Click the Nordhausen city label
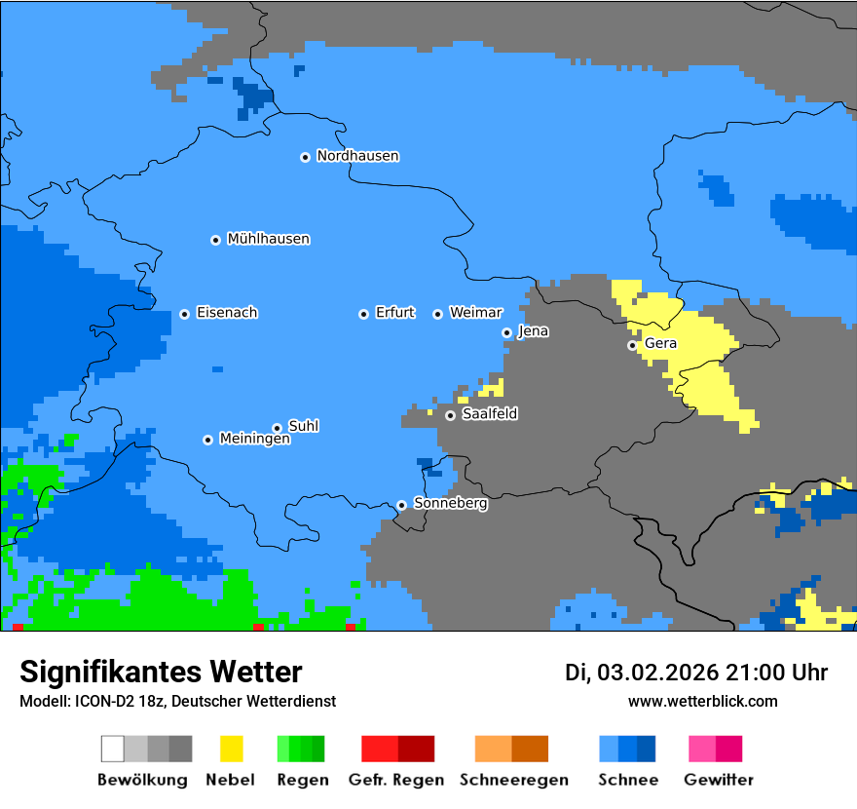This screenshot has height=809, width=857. pos(357,156)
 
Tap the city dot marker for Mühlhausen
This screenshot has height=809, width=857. pos(215,240)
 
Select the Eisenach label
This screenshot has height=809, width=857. pos(227,313)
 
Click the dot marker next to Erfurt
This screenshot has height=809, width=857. pos(363,314)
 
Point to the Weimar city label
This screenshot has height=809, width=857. pos(475,313)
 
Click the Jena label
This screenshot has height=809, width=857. pos(533,331)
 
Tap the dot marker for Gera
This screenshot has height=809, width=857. pos(632,345)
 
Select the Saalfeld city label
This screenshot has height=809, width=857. pos(490,414)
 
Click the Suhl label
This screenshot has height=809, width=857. pos(304,426)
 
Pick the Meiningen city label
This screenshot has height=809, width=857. pos(254,440)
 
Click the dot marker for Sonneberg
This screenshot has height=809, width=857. pos(401,505)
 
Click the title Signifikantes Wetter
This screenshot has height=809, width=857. pos(161,672)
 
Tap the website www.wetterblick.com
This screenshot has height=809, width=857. pos(702,701)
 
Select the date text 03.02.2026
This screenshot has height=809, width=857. pos(657,673)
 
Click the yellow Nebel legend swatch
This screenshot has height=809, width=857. pos(231,749)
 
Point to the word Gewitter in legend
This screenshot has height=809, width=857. pos(719,780)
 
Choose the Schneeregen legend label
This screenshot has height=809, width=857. pos(514,780)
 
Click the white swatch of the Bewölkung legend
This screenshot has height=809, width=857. pos(112,749)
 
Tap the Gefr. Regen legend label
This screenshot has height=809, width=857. pos(395,780)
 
